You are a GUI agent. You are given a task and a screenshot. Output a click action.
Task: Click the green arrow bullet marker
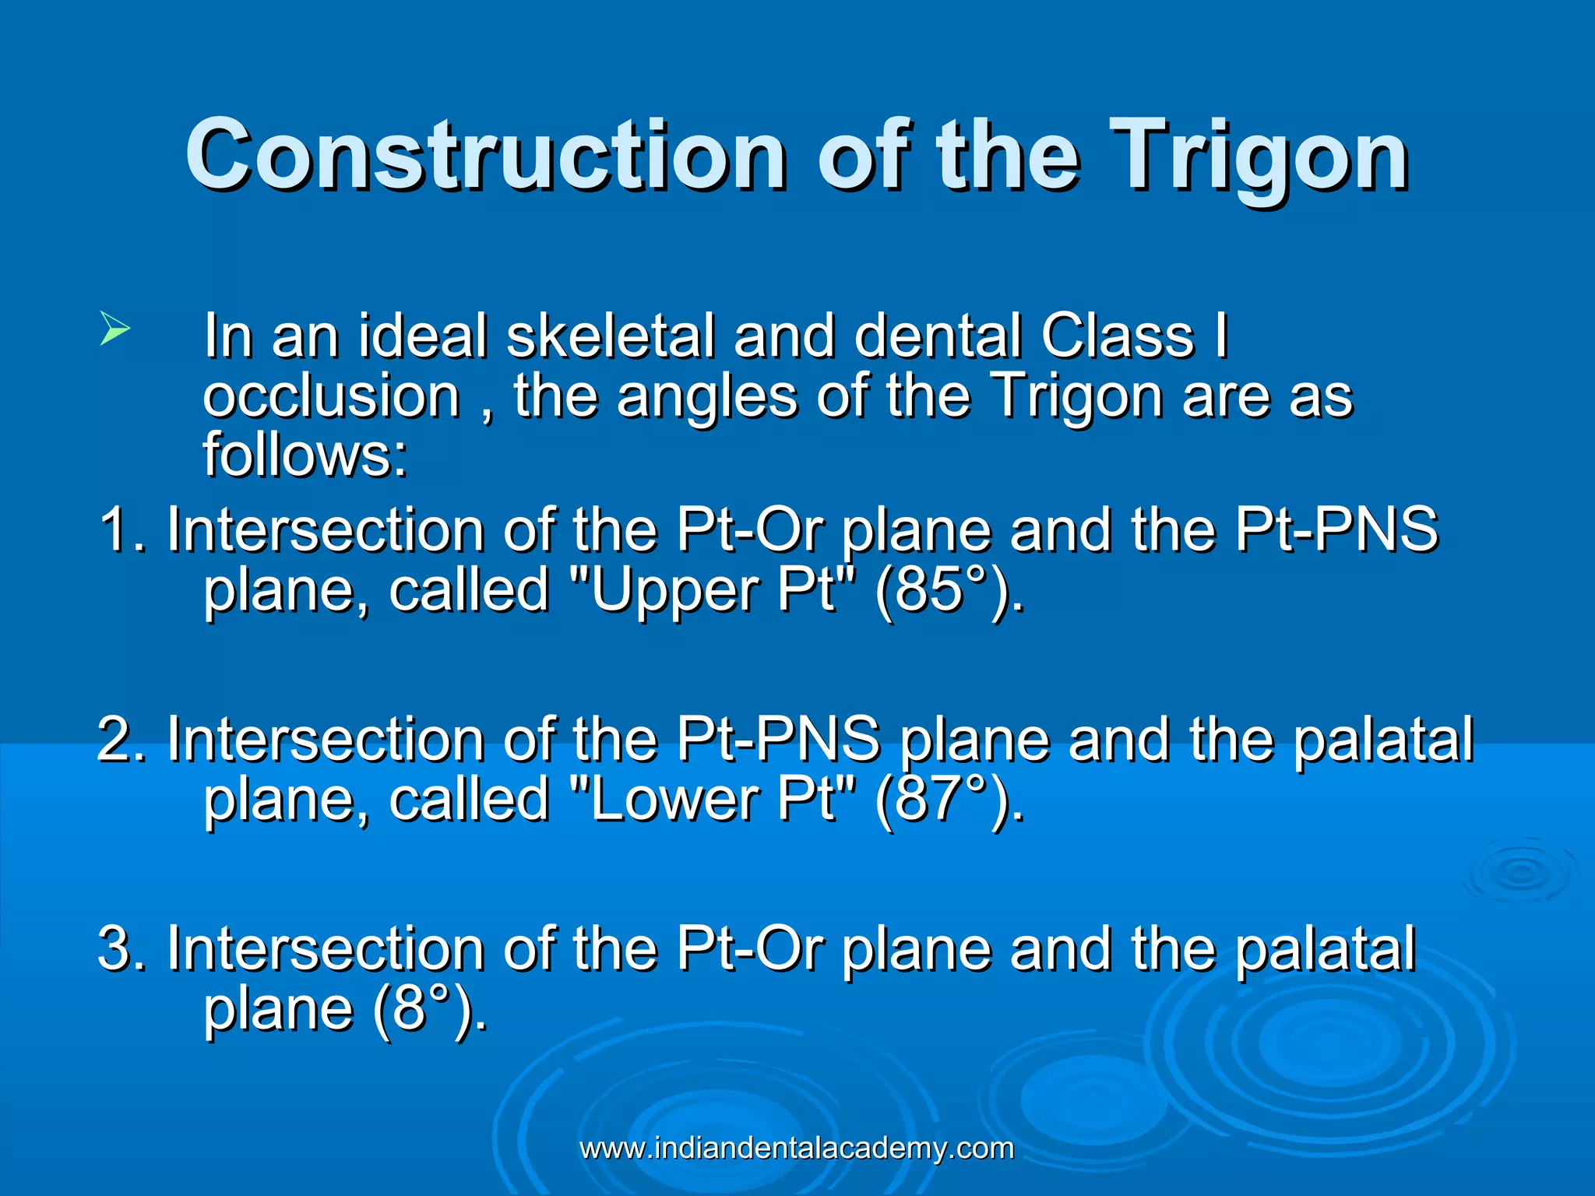(114, 329)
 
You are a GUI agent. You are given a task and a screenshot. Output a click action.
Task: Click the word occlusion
(332, 396)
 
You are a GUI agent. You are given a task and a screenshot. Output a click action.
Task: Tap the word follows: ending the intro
(305, 455)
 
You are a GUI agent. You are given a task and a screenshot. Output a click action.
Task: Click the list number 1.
(117, 529)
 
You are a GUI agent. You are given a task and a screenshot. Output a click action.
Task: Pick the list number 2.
(117, 739)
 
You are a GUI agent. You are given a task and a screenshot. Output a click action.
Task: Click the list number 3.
(117, 948)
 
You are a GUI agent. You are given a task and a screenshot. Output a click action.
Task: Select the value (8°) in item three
(429, 1008)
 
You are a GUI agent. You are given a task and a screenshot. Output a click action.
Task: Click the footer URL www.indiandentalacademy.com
(797, 1149)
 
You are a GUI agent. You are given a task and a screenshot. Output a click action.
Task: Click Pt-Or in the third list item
(750, 948)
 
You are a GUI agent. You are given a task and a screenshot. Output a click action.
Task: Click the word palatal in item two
(1383, 739)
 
